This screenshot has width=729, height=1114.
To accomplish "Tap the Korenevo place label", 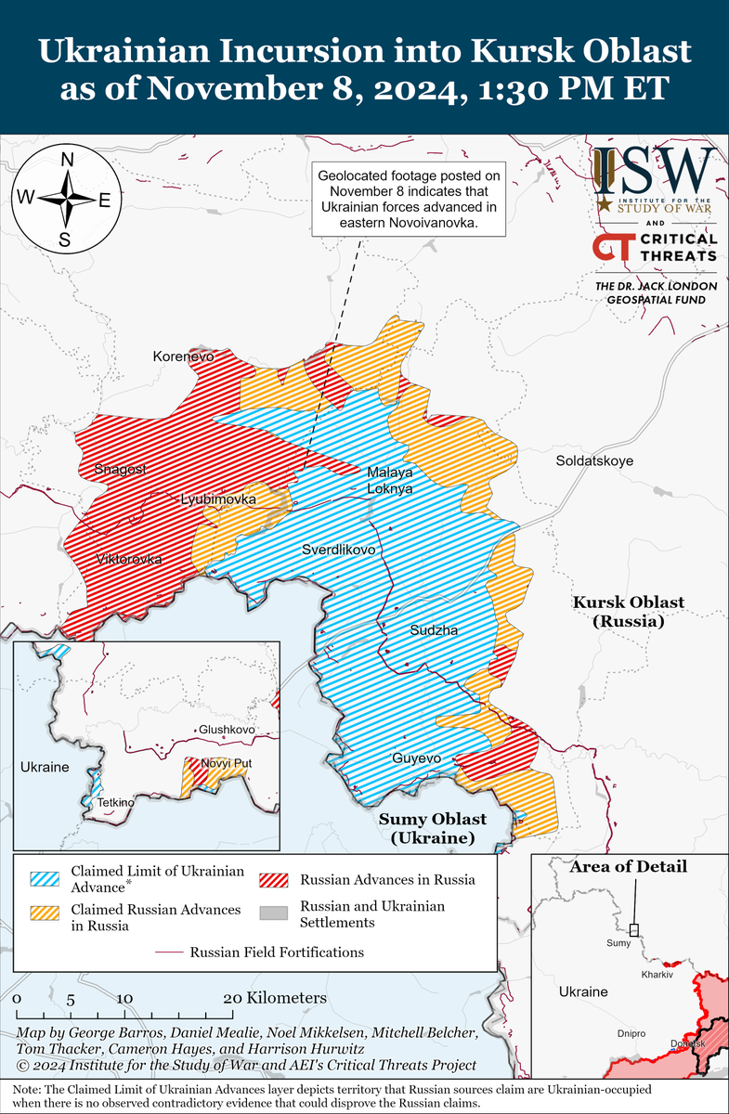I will coord(183,356).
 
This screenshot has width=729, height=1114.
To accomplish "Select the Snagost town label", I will coord(121,470).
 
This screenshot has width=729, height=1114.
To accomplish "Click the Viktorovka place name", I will coord(128,560).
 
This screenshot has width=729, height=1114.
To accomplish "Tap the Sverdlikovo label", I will coord(339,551).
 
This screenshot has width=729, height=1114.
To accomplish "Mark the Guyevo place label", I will coord(415,758).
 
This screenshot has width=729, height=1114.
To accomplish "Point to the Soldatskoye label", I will coord(594,460).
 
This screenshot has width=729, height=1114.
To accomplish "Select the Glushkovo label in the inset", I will coord(226,731).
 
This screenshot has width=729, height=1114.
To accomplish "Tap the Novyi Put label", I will coord(228,764).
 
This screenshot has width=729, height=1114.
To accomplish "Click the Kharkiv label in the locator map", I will coord(657,975).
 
